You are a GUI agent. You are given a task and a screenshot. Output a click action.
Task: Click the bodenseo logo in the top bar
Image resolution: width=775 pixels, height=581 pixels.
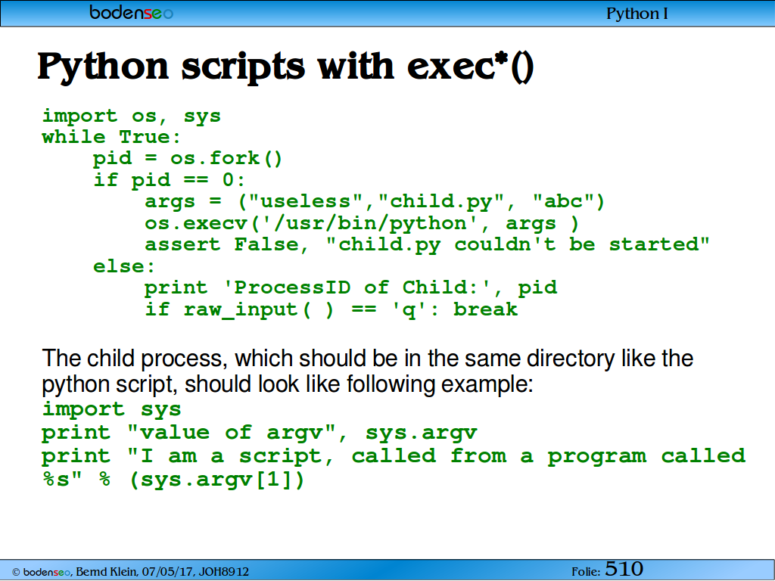131,12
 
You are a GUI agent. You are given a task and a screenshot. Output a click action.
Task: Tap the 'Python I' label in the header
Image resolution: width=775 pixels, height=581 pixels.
637,14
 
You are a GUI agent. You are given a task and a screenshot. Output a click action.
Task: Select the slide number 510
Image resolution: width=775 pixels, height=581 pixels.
624,569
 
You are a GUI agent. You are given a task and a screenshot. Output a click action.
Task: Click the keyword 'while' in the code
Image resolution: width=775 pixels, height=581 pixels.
73,137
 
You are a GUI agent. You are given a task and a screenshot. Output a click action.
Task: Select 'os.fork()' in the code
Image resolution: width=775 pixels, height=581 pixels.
226,159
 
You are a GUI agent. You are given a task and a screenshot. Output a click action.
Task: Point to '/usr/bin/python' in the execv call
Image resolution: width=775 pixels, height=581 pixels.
369,223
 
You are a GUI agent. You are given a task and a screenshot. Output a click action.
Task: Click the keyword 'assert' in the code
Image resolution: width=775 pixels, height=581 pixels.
182,244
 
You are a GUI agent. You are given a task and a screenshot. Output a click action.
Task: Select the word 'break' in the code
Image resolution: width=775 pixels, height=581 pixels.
485,309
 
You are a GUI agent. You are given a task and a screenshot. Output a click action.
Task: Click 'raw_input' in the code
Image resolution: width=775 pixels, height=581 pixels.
241,309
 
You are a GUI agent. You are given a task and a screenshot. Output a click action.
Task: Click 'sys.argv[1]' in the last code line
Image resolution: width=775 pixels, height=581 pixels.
216,480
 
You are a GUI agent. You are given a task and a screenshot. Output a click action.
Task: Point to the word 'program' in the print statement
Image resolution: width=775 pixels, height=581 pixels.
597,456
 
